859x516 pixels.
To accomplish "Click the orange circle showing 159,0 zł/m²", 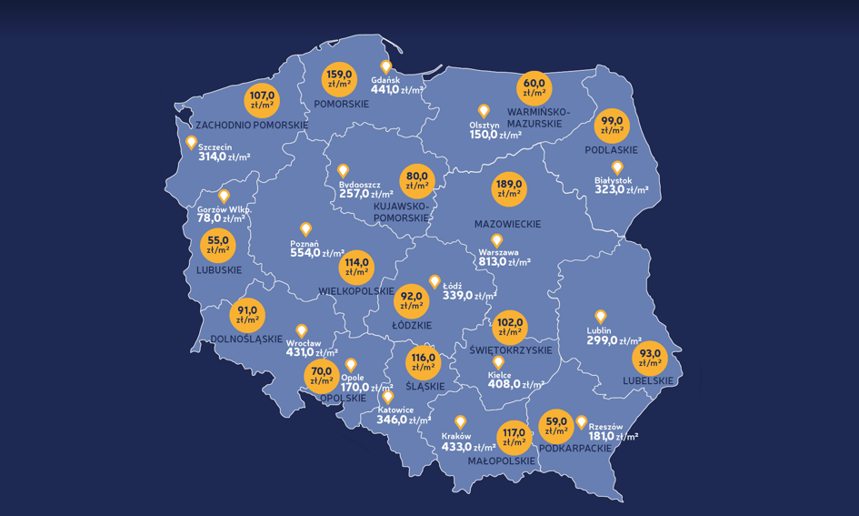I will click(x=340, y=78).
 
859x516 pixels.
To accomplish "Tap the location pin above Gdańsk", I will click(x=385, y=66).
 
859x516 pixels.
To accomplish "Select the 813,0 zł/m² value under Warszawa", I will click(x=504, y=262).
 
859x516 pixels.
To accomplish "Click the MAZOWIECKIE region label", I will click(x=507, y=224).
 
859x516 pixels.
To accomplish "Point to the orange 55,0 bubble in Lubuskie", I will click(x=218, y=245).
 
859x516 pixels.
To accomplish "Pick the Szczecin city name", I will click(x=215, y=147).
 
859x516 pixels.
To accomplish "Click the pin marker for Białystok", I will click(x=617, y=168).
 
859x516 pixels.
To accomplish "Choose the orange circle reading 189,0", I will click(x=509, y=188).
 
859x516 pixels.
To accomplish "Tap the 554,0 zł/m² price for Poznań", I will click(x=317, y=253).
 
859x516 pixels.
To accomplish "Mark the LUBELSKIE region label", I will click(x=649, y=380).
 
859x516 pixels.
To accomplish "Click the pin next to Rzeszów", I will click(x=581, y=421).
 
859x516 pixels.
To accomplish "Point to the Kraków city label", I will click(x=456, y=437).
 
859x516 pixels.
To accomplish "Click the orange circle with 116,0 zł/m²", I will click(x=424, y=363).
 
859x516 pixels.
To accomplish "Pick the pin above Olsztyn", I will click(x=484, y=111).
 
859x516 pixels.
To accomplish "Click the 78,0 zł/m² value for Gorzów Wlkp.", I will click(x=222, y=218).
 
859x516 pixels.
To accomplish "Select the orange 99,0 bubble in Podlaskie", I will click(x=611, y=126).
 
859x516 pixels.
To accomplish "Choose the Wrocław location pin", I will click(x=302, y=331).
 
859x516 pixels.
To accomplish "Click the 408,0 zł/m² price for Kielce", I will click(x=504, y=384).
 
